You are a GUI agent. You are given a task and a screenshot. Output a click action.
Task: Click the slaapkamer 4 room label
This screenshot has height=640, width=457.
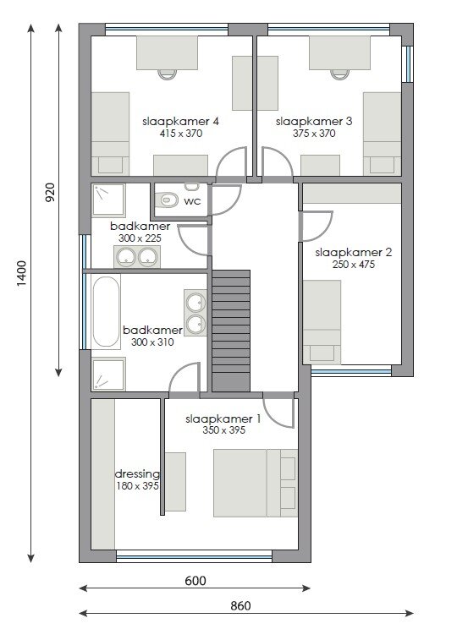click(x=180, y=121)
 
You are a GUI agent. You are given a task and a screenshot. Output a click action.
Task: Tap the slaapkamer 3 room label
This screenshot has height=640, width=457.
click(x=314, y=121)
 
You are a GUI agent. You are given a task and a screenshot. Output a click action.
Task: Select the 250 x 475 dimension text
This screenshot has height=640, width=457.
click(x=353, y=265)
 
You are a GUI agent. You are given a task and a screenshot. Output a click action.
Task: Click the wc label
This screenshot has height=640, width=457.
click(x=192, y=201)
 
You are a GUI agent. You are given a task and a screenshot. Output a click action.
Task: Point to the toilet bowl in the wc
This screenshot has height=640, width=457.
click(x=168, y=200)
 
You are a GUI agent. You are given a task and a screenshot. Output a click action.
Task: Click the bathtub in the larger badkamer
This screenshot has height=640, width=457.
click(x=106, y=311)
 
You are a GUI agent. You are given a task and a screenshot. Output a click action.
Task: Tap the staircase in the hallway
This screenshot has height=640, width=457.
click(x=231, y=331)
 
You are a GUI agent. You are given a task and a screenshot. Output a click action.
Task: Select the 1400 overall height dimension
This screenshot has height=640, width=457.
click(x=22, y=272)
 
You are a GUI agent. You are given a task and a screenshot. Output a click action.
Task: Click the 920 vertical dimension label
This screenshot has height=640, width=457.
click(x=49, y=193)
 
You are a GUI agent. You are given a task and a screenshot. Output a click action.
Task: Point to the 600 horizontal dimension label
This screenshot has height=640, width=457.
click(x=195, y=581)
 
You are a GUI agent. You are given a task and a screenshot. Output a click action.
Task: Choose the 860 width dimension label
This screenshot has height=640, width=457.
click(x=240, y=605)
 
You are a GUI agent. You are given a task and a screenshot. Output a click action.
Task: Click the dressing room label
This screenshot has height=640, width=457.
click(x=137, y=474)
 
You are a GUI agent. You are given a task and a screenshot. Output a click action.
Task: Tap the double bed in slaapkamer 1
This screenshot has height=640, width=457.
click(x=256, y=484)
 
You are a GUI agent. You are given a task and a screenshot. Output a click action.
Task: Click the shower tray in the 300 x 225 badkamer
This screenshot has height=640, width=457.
click(x=108, y=200)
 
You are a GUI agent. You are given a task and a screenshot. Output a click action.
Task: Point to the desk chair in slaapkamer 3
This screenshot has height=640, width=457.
click(x=340, y=74)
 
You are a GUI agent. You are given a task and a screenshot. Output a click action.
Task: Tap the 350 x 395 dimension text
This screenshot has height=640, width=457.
click(x=223, y=430)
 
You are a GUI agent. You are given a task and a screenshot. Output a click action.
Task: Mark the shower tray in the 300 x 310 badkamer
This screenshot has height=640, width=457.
click(x=108, y=374)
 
